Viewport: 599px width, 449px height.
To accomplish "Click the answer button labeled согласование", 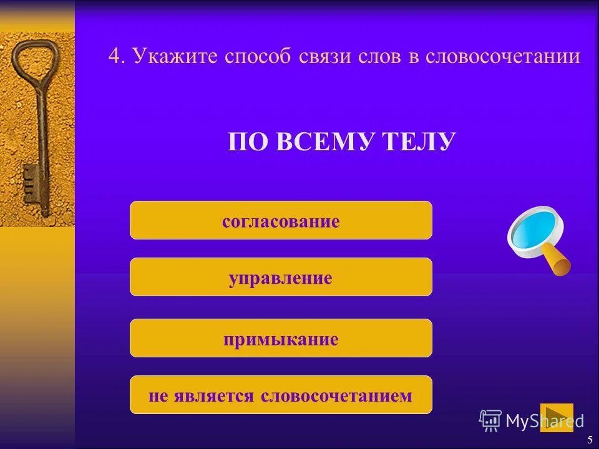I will [x=281, y=221].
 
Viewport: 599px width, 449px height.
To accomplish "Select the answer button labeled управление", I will [x=281, y=277].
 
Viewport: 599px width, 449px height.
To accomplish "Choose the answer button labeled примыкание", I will [x=281, y=339].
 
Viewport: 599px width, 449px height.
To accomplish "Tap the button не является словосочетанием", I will [x=281, y=395].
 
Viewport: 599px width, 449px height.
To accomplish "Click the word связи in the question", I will [x=321, y=57].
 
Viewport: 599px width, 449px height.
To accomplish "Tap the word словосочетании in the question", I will [x=503, y=57].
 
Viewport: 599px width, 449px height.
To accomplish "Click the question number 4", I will [x=114, y=57].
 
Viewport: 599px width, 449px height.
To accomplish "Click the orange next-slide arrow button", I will [x=556, y=417].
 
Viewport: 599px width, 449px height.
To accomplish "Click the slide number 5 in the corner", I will [x=589, y=440].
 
